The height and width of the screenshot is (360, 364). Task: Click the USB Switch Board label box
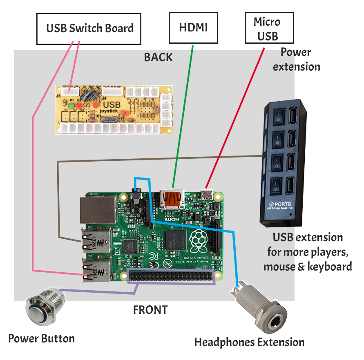[89, 29]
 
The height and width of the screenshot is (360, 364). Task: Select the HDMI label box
[193, 27]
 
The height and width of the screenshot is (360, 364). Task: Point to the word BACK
[158, 57]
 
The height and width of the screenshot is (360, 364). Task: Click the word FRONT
[150, 310]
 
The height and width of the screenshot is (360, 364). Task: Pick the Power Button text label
[42, 338]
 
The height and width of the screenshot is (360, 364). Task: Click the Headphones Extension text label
[249, 342]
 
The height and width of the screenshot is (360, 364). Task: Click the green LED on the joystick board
[71, 106]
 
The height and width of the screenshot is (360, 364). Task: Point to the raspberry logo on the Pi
[201, 241]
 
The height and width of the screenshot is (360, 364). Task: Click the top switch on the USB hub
[278, 116]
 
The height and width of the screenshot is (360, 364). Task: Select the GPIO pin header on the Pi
[171, 276]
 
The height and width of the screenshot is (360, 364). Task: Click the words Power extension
[297, 60]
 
